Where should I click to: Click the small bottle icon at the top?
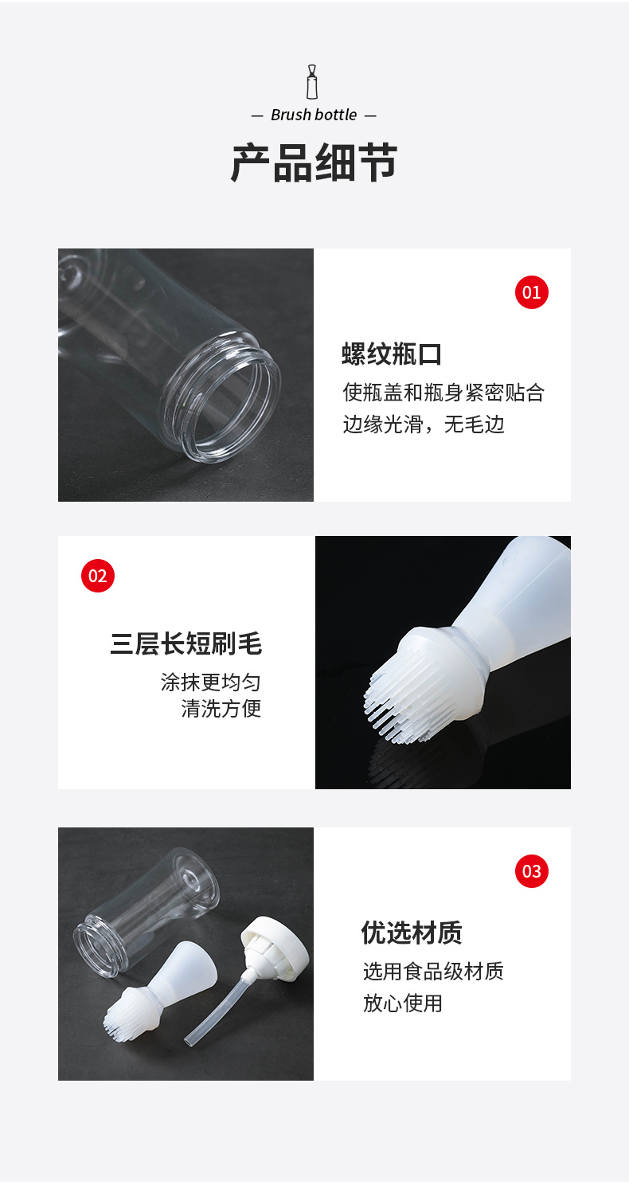[312, 82]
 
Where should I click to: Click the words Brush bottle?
[314, 115]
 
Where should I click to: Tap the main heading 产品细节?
[314, 162]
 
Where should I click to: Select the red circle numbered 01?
[532, 292]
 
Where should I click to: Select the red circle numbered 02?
[98, 576]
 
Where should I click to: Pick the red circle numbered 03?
[532, 870]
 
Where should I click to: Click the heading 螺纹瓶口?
[392, 354]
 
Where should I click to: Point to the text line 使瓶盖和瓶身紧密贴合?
[443, 393]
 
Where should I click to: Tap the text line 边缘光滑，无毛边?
[424, 424]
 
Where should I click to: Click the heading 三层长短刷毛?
[186, 643]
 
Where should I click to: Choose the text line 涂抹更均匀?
[210, 682]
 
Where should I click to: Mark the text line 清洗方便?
[221, 708]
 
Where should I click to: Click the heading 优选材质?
[412, 933]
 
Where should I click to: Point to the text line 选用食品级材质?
[433, 972]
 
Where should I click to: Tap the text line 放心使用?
[403, 1003]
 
